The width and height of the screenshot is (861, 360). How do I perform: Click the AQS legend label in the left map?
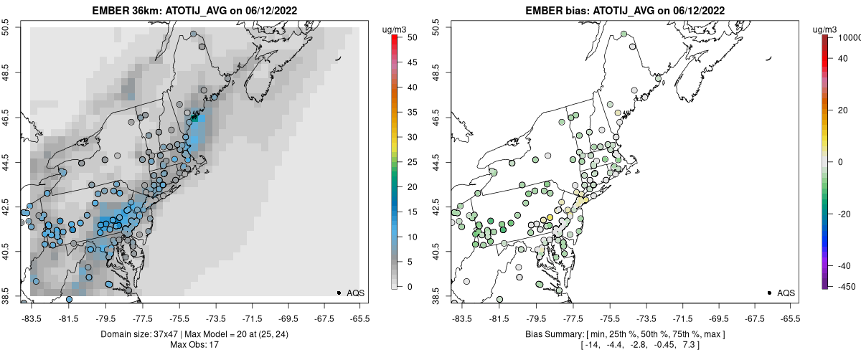(x=356, y=293)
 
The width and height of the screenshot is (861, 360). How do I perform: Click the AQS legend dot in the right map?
(x=769, y=293)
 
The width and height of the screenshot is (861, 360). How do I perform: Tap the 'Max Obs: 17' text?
(x=194, y=345)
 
